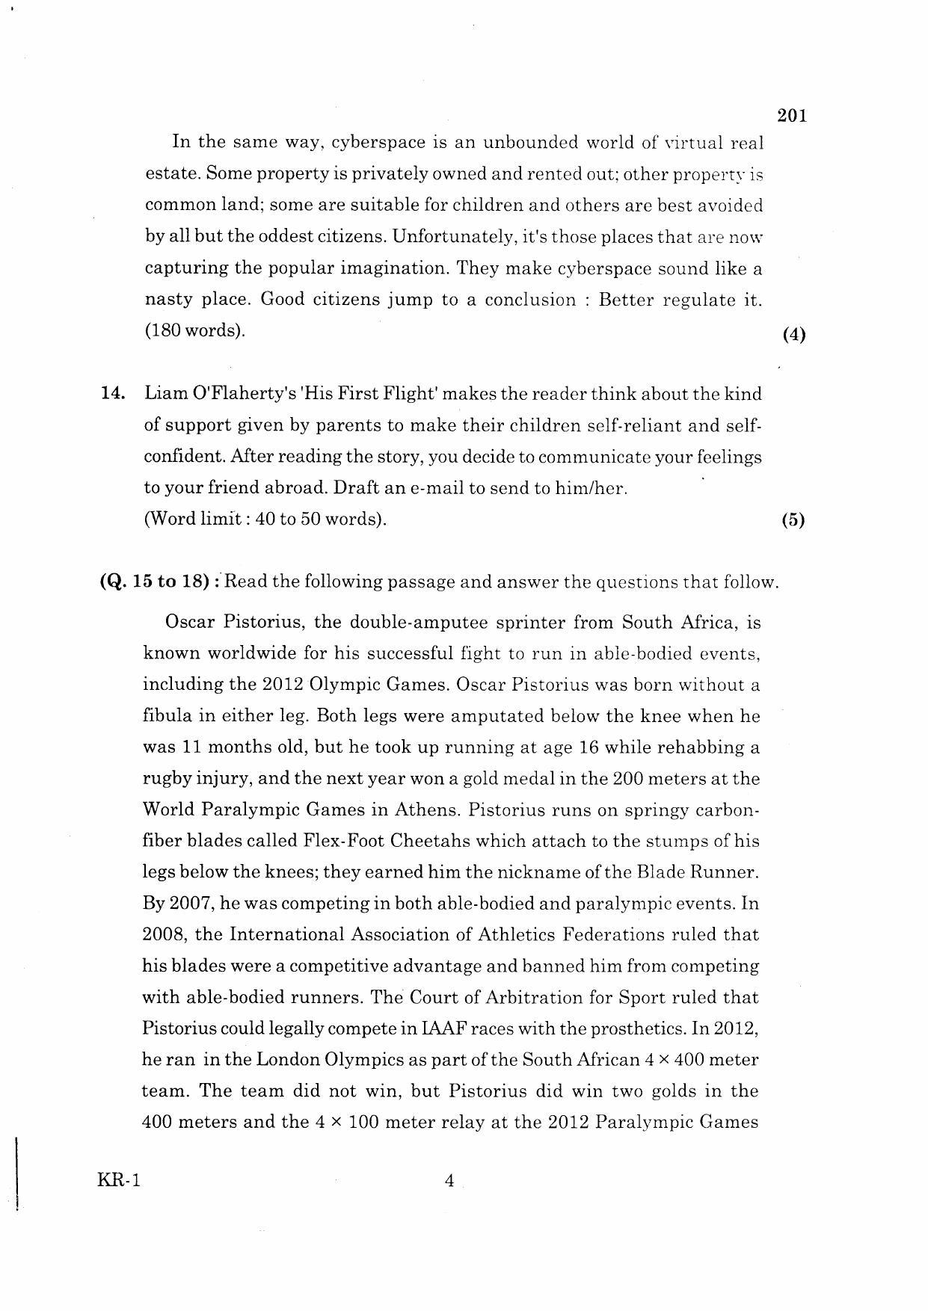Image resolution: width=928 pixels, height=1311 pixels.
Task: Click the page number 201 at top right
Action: coord(792,116)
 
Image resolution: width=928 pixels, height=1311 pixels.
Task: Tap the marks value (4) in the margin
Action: coord(793,335)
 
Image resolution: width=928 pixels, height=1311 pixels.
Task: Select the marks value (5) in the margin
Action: coord(793,521)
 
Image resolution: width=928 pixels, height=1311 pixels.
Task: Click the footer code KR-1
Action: coord(119,1181)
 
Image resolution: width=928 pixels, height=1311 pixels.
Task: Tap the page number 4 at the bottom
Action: coord(449,1181)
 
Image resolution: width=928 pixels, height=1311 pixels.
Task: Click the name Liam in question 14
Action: coord(165,394)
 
